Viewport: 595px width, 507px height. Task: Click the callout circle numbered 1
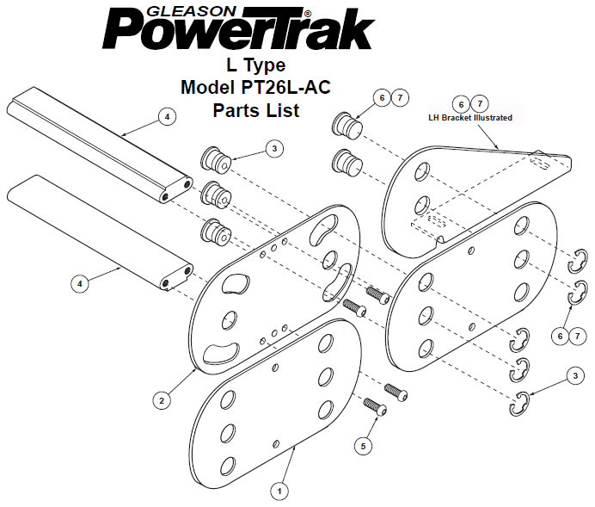coord(279,492)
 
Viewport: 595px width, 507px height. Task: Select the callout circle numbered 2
coord(162,400)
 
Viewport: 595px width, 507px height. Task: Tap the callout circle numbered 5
coord(363,446)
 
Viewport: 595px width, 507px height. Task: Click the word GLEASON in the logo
coord(192,12)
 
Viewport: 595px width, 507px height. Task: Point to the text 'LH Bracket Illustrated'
coord(470,118)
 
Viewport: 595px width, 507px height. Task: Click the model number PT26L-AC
coord(285,87)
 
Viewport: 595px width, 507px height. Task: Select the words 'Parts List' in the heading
coord(256,110)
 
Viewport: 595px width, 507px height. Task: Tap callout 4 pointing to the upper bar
coord(168,117)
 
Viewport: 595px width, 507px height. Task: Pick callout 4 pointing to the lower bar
coord(80,283)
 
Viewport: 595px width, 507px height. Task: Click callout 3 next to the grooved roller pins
coord(275,149)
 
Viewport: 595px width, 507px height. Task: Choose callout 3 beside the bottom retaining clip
coord(575,375)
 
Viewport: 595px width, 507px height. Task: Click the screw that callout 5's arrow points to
coord(375,406)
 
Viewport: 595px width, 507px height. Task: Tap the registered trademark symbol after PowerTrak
coord(308,13)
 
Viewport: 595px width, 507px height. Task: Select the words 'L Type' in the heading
coord(256,65)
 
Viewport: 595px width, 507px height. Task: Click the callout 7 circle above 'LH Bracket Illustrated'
coord(480,103)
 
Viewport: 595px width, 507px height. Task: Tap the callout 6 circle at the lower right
coord(560,336)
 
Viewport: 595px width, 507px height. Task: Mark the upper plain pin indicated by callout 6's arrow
coord(347,123)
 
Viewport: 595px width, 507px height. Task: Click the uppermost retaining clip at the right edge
coord(578,261)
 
